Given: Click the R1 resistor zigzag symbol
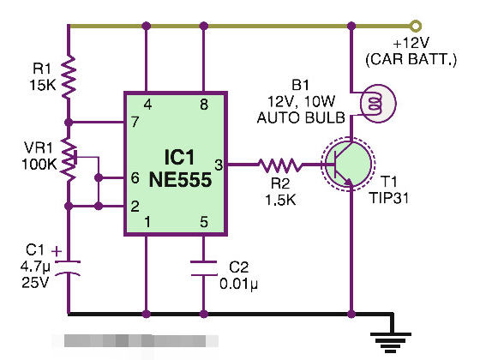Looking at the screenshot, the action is (x=69, y=77).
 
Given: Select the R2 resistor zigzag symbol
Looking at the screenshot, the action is (x=279, y=165).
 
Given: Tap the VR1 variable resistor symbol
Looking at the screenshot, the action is (x=69, y=159).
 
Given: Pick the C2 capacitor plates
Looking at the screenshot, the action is (x=204, y=268).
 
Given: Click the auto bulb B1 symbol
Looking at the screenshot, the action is (x=377, y=104).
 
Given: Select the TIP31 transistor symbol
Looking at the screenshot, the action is (x=348, y=164).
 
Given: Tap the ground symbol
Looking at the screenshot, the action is (x=391, y=342).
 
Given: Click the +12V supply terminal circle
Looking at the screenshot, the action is (x=416, y=27).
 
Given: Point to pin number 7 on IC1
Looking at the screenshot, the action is (x=135, y=122).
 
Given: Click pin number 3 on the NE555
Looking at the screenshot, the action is (x=219, y=165).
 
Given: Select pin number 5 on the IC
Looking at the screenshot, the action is (x=204, y=222).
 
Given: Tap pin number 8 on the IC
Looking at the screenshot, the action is (x=204, y=105).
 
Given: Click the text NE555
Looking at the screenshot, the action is (x=180, y=180).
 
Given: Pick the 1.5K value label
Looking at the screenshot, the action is (x=280, y=200).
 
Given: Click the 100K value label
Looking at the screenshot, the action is (x=39, y=164).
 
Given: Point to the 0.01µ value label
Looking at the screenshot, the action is (x=238, y=284).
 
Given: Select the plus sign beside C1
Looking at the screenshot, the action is (x=57, y=251).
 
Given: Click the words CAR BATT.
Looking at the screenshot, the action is (x=411, y=59).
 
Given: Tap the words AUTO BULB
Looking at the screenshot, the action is (x=301, y=117).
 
